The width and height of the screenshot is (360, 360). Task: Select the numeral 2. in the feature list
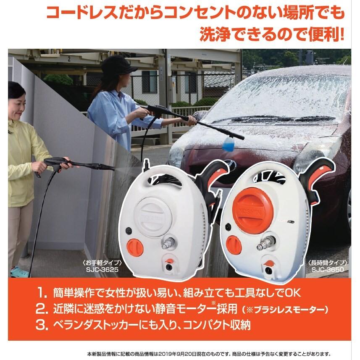point(43,309)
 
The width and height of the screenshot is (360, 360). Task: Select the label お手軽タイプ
point(97,263)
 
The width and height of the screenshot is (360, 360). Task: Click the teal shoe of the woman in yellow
point(19,272)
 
